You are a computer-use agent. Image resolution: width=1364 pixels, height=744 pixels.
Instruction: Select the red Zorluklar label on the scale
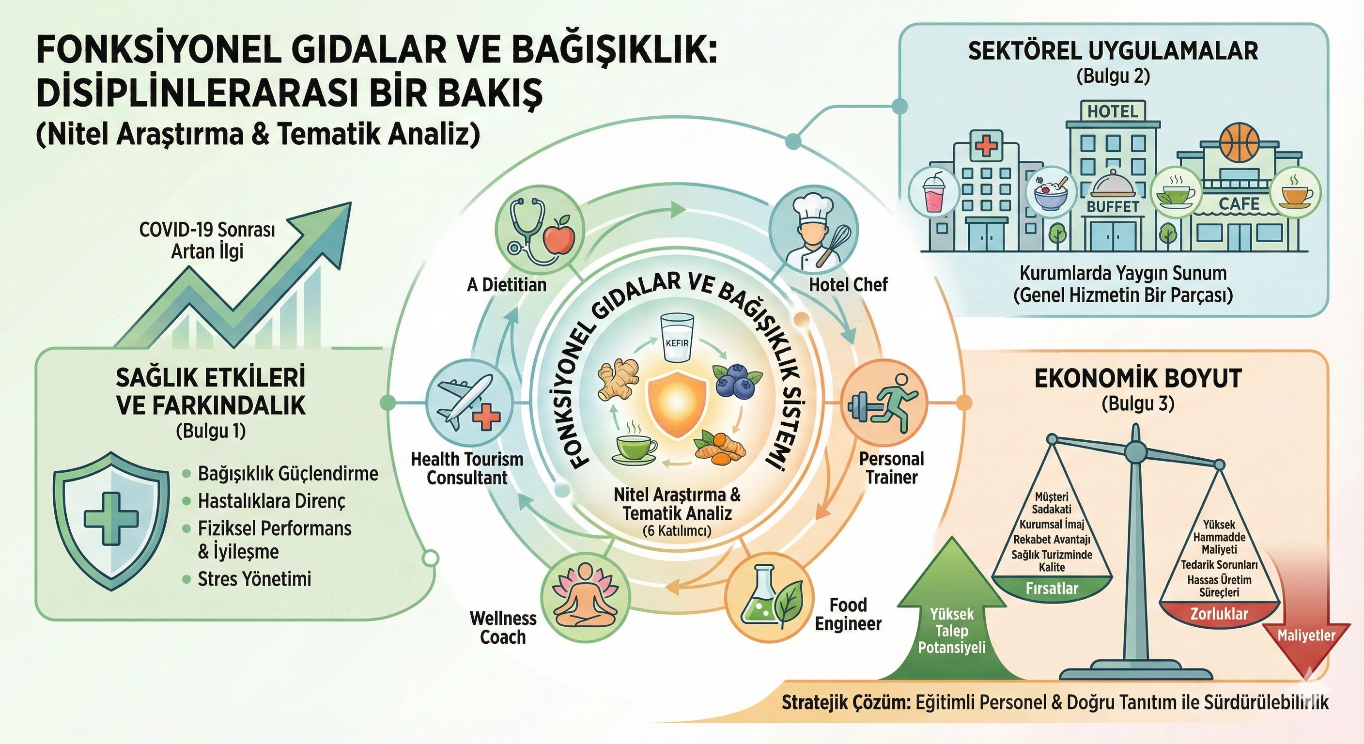[1219, 613]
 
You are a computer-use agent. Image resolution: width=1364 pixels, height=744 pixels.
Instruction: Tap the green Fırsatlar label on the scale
[1052, 589]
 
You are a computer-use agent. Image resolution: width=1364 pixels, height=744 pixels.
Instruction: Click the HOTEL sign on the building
[1112, 112]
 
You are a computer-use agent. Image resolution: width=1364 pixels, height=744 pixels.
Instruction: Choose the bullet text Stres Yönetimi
[254, 579]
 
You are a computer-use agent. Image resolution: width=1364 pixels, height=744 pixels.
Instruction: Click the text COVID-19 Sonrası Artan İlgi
[207, 240]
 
